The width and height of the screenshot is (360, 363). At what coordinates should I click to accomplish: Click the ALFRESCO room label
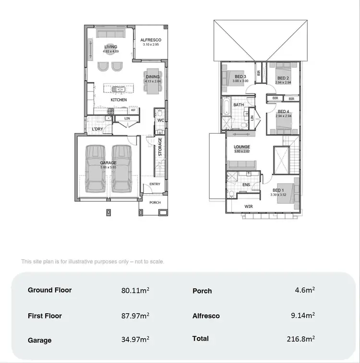[151, 40]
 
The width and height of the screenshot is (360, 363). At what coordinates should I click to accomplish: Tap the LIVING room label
[111, 47]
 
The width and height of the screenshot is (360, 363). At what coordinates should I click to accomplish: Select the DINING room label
[153, 77]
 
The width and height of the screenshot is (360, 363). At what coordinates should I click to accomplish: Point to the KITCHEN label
[119, 100]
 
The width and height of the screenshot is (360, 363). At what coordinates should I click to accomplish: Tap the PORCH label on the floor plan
[155, 202]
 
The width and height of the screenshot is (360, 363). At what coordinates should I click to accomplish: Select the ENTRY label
[155, 184]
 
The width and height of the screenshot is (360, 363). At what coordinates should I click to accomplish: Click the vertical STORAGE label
[160, 147]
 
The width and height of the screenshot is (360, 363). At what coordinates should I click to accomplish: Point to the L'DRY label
[97, 129]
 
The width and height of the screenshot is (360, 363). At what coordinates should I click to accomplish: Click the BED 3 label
[240, 77]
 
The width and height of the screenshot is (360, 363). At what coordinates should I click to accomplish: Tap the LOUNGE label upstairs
[242, 147]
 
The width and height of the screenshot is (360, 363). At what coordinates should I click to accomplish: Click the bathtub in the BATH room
[226, 107]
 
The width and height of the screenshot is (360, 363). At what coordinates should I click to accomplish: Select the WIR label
[249, 207]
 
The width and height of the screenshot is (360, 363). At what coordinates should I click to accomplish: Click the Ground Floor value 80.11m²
[135, 290]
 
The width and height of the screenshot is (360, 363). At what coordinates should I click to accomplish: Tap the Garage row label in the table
[39, 340]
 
